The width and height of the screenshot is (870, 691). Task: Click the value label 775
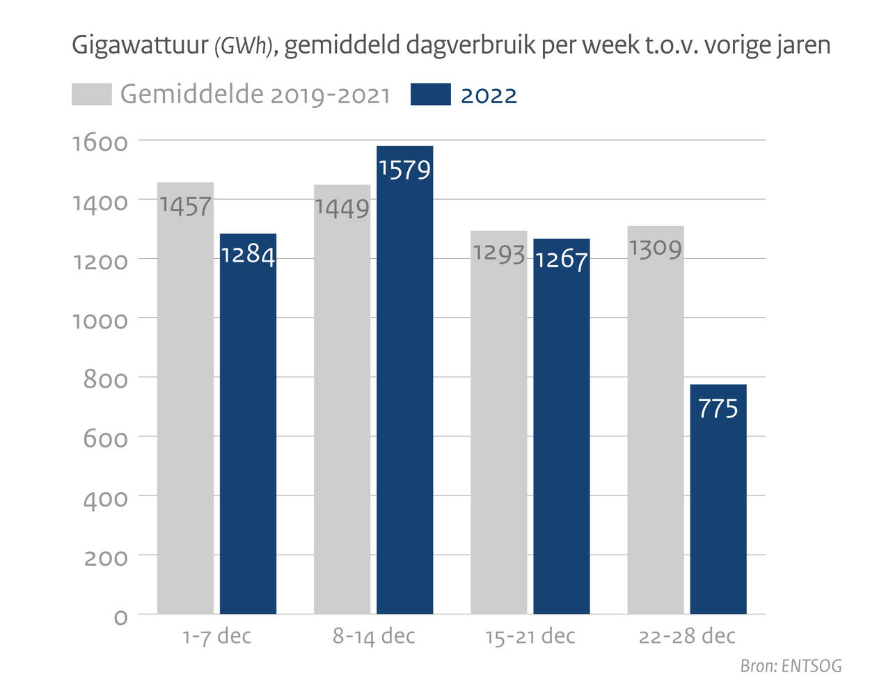click(718, 408)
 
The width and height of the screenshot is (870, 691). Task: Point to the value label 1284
click(248, 255)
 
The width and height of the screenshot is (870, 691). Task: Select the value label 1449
click(342, 207)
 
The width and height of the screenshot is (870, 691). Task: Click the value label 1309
click(655, 248)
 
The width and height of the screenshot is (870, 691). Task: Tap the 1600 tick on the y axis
click(100, 143)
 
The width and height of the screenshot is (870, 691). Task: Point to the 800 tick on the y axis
click(105, 380)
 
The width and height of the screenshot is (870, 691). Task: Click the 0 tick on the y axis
click(120, 617)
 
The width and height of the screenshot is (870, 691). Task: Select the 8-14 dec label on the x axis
click(374, 636)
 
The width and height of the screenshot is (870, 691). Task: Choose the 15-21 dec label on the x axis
click(530, 636)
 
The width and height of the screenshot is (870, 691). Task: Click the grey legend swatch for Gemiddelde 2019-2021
click(91, 95)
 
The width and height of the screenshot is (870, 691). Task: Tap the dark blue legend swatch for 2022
click(430, 95)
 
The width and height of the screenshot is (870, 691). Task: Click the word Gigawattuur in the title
click(140, 46)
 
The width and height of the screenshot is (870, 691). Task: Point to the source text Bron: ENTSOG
click(791, 666)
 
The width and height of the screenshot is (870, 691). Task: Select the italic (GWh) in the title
click(241, 47)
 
